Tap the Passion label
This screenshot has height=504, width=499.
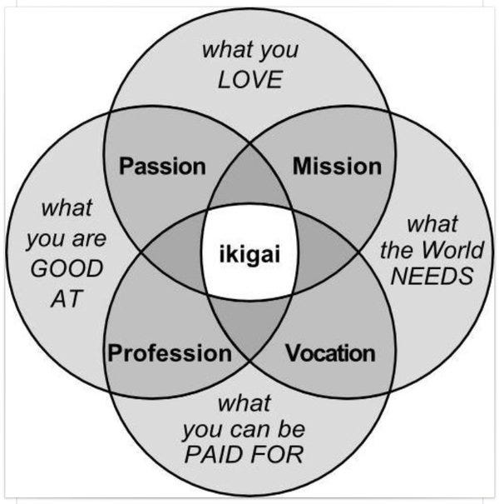[163, 166]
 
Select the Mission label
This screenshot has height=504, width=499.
[337, 166]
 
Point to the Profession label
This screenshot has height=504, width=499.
[170, 353]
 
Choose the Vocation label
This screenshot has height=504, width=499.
[330, 353]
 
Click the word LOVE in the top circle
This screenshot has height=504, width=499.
[250, 81]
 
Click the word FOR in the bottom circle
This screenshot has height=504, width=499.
[279, 456]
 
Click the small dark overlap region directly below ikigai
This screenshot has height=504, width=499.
[250, 321]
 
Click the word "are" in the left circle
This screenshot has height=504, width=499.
[89, 241]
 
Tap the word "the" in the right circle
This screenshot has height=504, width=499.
[396, 250]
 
